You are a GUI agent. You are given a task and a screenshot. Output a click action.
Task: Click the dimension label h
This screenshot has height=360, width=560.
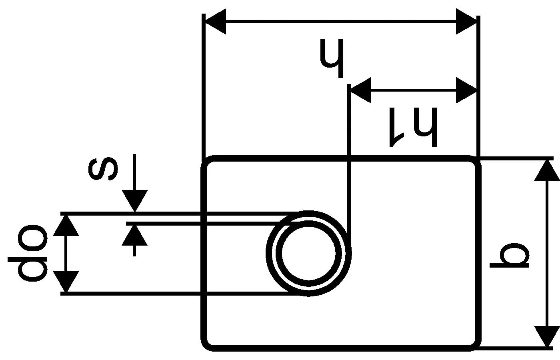pyautogui.click(x=332, y=58)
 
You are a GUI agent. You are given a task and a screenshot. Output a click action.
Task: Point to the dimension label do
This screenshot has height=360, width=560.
pyautogui.click(x=28, y=253)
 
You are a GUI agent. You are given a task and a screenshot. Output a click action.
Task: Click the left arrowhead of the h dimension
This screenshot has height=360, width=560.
pyautogui.click(x=215, y=22)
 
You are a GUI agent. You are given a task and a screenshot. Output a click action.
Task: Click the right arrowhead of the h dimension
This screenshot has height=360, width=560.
pyautogui.click(x=467, y=22)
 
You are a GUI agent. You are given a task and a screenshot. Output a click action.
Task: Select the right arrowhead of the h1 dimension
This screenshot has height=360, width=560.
pyautogui.click(x=467, y=90)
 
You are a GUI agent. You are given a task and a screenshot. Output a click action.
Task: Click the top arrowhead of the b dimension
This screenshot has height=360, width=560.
pyautogui.click(x=547, y=170)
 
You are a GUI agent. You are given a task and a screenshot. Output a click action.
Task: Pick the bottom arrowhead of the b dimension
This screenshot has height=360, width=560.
pyautogui.click(x=547, y=336)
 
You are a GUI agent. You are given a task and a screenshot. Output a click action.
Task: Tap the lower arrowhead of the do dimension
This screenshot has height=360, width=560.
pyautogui.click(x=66, y=282)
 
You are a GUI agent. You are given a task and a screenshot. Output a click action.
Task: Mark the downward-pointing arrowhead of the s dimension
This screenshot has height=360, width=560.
pyautogui.click(x=135, y=201)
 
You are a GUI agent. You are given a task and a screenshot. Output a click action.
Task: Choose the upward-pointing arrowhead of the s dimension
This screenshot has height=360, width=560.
pyautogui.click(x=135, y=235)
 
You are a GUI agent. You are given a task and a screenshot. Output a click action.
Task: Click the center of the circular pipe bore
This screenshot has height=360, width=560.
pyautogui.click(x=308, y=253)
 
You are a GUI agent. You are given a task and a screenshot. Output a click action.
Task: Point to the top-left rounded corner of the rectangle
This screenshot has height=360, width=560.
pyautogui.click(x=206, y=162)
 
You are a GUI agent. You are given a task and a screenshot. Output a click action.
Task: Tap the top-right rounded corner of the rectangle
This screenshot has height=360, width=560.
pyautogui.click(x=474, y=162)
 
